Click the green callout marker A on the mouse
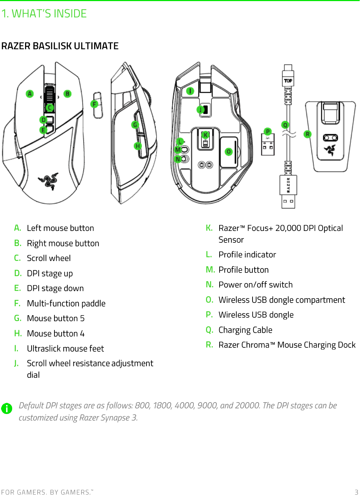(30, 94)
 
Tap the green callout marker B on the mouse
(67, 94)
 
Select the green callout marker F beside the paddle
(94, 104)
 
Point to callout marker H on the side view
(138, 146)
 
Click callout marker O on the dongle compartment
(229, 152)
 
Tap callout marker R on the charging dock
(307, 134)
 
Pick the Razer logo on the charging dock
(330, 150)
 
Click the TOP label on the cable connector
(288, 81)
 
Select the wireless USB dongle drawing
(268, 145)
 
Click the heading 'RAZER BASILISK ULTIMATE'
(60, 46)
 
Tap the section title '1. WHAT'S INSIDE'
(44, 14)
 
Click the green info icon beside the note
(7, 408)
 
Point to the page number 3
(356, 492)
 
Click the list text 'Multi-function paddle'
(66, 304)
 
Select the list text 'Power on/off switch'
(255, 285)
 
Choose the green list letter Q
(209, 330)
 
